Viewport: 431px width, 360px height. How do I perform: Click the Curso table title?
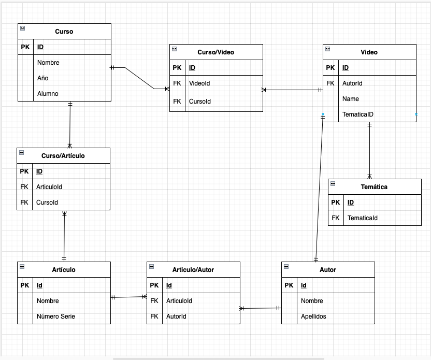64,31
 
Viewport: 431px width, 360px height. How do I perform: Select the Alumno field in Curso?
48,94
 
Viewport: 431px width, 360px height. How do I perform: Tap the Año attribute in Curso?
42,78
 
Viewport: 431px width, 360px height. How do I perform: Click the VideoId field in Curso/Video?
199,83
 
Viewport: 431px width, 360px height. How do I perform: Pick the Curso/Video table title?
215,52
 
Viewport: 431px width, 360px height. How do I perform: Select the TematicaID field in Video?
358,114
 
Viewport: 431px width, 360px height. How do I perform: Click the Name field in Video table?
351,99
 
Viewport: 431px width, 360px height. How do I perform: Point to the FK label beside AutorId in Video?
331,83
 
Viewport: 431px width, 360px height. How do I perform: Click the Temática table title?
374,187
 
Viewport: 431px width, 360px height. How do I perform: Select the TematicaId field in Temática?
362,218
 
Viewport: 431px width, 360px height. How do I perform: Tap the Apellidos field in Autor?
313,316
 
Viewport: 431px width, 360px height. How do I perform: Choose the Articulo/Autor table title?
193,270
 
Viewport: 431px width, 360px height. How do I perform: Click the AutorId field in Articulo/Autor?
176,316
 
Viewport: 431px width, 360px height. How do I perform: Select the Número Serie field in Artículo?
55,316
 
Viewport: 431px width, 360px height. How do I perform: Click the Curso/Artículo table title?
63,155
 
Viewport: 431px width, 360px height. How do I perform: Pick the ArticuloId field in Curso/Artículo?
49,187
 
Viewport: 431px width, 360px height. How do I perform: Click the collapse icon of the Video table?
327,49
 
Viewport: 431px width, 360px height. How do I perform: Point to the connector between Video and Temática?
369,150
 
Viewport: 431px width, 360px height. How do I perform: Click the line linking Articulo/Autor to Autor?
261,308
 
